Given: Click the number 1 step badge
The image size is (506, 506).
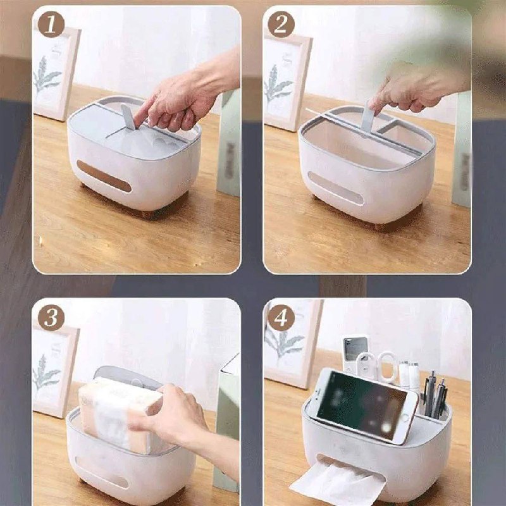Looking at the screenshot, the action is pyautogui.click(x=51, y=24).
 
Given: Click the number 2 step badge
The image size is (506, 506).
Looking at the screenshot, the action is pyautogui.click(x=281, y=24).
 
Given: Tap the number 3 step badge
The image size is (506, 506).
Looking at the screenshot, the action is pyautogui.click(x=51, y=318).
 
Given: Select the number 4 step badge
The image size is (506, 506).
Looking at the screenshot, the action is pyautogui.click(x=281, y=318).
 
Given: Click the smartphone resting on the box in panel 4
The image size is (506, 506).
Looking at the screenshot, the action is pyautogui.click(x=365, y=405).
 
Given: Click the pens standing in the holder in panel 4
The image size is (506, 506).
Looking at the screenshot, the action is pyautogui.click(x=435, y=395).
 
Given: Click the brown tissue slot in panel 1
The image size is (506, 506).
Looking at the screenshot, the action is pyautogui.click(x=104, y=176).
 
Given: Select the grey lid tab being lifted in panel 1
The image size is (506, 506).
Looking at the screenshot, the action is pyautogui.click(x=128, y=117).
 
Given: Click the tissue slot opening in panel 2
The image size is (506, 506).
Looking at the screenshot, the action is pyautogui.click(x=336, y=188).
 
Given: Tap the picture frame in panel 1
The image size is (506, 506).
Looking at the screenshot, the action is pyautogui.click(x=56, y=73).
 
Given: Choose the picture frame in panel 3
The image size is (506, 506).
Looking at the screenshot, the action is pyautogui.click(x=55, y=371).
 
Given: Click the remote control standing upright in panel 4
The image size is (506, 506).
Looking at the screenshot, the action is pyautogui.click(x=354, y=355).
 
